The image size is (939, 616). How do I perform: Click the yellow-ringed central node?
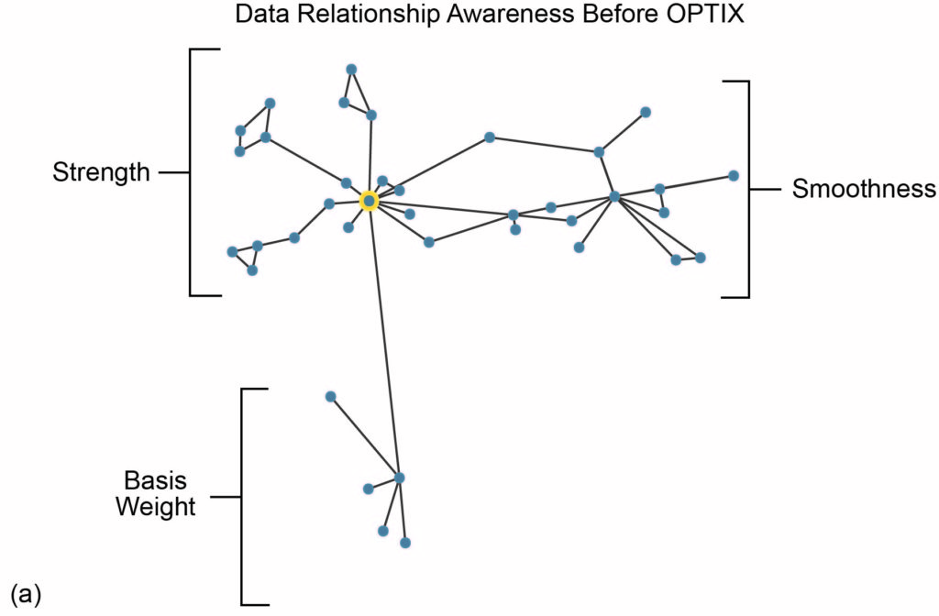pyautogui.click(x=369, y=201)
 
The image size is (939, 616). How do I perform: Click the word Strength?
pyautogui.click(x=101, y=172)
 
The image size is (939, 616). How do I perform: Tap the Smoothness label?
pyautogui.click(x=864, y=190)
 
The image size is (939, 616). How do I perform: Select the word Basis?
pyautogui.click(x=155, y=480)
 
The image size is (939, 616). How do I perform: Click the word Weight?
pyautogui.click(x=155, y=506)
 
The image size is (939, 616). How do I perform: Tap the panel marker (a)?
pyautogui.click(x=25, y=593)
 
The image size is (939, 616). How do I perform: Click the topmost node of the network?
pyautogui.click(x=351, y=70)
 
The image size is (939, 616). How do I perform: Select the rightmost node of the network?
pyautogui.click(x=734, y=175)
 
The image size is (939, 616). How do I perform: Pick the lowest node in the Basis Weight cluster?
pyautogui.click(x=405, y=543)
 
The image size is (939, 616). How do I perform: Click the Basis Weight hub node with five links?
pyautogui.click(x=399, y=478)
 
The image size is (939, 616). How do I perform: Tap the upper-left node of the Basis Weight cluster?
pyautogui.click(x=331, y=396)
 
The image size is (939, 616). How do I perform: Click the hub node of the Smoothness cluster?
pyautogui.click(x=614, y=196)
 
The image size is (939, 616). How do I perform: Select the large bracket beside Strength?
pyautogui.click(x=192, y=171)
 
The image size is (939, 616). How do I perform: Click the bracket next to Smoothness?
pyautogui.click(x=747, y=190)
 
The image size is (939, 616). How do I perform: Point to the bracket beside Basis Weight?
pyautogui.click(x=243, y=497)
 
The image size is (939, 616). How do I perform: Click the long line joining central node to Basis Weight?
pyautogui.click(x=384, y=339)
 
